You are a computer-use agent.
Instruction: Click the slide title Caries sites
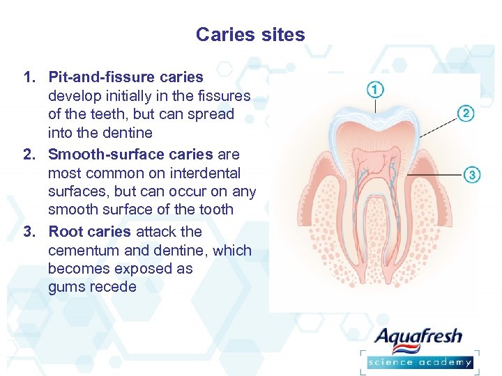point(250,34)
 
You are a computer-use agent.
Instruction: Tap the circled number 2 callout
point(466,113)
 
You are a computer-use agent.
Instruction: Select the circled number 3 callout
point(472,174)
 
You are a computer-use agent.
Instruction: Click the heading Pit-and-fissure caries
point(125,77)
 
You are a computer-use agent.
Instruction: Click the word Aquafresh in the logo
point(418,338)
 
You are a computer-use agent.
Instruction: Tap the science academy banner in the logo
point(420,361)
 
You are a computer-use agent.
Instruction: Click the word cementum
point(87,250)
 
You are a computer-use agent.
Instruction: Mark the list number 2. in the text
point(30,154)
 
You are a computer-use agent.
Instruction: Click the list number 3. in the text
point(30,231)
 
